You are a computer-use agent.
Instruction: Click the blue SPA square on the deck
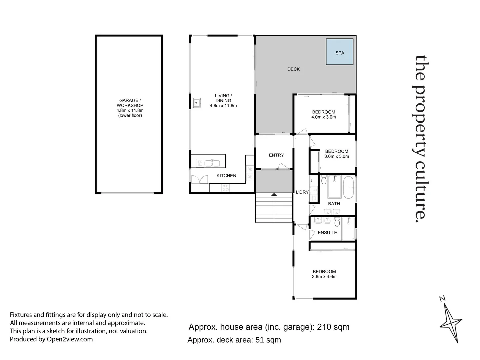pyautogui.click(x=339, y=52)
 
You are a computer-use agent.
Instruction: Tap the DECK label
pyautogui.click(x=293, y=69)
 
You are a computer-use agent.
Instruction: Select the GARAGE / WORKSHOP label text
pyautogui.click(x=130, y=103)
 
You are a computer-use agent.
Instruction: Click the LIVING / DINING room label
pyautogui.click(x=223, y=98)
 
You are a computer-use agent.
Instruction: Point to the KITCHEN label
pyautogui.click(x=226, y=176)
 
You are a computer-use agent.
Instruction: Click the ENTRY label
pyautogui.click(x=276, y=155)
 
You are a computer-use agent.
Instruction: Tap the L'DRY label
pyautogui.click(x=302, y=192)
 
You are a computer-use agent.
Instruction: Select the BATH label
pyautogui.click(x=334, y=204)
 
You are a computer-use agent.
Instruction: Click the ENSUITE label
pyautogui.click(x=327, y=233)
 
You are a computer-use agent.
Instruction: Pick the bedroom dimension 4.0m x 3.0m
pyautogui.click(x=323, y=117)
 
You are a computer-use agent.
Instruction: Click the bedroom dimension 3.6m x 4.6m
pyautogui.click(x=324, y=277)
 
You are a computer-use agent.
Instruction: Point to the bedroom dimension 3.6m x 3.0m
pyautogui.click(x=336, y=156)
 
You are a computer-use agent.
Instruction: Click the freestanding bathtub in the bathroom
pyautogui.click(x=348, y=188)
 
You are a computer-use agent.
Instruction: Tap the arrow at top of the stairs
pyautogui.click(x=274, y=195)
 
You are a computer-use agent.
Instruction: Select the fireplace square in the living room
pyautogui.click(x=197, y=103)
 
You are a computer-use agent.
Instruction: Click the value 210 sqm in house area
pyautogui.click(x=333, y=327)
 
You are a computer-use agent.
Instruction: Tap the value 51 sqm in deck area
pyautogui.click(x=268, y=340)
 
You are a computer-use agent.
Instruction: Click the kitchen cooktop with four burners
pyautogui.click(x=226, y=188)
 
